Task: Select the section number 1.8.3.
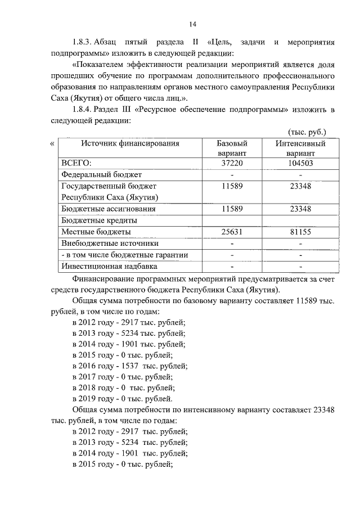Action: [82, 42]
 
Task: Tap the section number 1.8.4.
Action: [82, 109]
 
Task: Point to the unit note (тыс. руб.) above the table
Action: [307, 132]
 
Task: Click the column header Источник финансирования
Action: [130, 143]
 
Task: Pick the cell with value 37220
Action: [232, 163]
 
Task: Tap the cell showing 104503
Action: [301, 163]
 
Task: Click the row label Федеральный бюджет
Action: [101, 174]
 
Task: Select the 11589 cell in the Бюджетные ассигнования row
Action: [232, 209]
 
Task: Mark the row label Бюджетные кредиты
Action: [99, 220]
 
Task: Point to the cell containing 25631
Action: [232, 232]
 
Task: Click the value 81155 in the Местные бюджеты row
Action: [301, 232]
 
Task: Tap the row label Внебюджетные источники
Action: [110, 243]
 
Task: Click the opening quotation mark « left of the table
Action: [52, 143]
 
